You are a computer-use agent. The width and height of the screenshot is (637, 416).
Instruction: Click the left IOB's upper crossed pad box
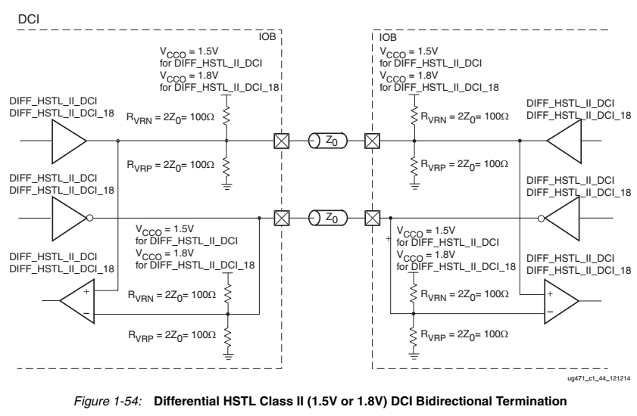[280, 141]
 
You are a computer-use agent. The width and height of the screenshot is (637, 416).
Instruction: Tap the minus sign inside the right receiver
[550, 311]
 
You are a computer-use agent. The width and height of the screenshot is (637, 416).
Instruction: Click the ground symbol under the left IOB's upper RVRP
[226, 182]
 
